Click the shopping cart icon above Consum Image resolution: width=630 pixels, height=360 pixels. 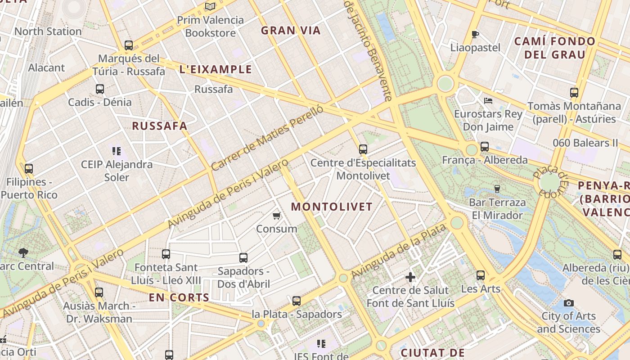[x=277, y=216]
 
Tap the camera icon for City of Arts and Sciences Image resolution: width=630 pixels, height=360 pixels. [x=569, y=303]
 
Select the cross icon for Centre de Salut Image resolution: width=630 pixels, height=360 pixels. [x=410, y=277]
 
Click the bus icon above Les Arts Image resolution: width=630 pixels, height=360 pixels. [x=481, y=275]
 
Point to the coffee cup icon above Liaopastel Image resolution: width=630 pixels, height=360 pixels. [x=475, y=34]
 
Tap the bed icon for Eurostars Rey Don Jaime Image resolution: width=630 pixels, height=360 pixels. [x=488, y=101]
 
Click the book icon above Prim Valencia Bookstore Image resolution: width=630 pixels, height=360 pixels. [x=210, y=6]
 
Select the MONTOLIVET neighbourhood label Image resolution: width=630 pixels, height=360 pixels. [x=332, y=207]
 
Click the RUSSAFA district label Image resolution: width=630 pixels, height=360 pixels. [x=159, y=126]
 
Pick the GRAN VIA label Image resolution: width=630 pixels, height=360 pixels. [x=291, y=31]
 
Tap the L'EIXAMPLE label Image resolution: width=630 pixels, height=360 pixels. [x=216, y=69]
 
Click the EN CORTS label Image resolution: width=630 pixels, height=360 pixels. [x=179, y=297]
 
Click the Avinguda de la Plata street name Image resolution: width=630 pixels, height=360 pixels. [x=399, y=251]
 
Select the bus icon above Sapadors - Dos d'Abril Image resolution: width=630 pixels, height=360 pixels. [x=243, y=258]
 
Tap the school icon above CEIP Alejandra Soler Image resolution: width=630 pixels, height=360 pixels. [x=117, y=151]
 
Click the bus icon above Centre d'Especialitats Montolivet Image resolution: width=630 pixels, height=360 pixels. [x=363, y=149]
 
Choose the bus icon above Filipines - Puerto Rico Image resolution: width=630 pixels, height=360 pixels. [x=29, y=169]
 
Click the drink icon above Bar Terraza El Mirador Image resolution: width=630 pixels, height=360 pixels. [x=497, y=189]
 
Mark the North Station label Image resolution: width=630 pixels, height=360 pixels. [x=48, y=31]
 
